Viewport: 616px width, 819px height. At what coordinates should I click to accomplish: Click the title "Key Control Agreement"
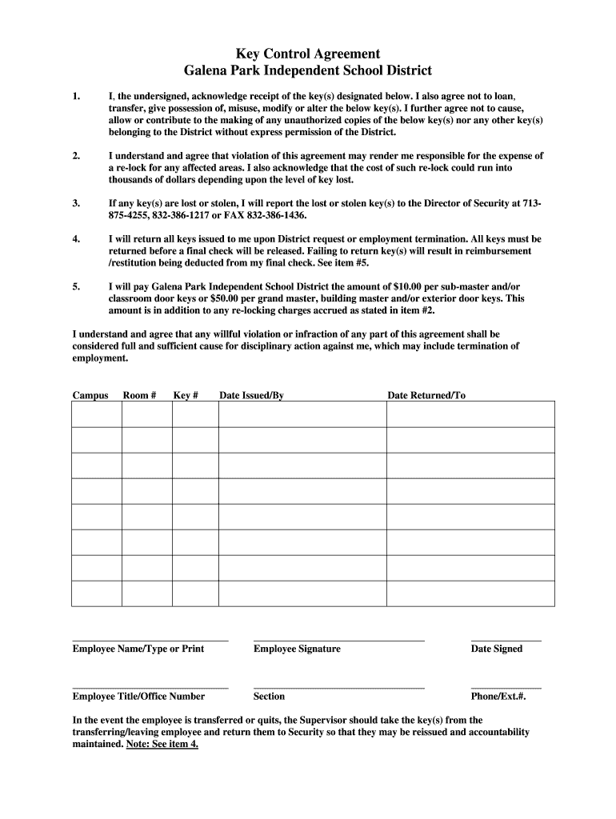click(308, 54)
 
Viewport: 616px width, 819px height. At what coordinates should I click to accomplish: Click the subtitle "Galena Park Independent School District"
click(308, 70)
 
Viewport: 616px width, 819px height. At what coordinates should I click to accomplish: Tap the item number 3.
click(76, 204)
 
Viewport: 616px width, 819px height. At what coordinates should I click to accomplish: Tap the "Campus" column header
click(90, 395)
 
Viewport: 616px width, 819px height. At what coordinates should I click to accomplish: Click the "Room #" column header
click(139, 395)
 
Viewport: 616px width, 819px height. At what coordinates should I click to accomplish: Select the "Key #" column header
click(186, 395)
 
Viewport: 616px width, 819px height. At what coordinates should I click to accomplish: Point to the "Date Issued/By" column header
click(251, 395)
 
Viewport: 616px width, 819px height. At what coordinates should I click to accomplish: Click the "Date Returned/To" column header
click(426, 395)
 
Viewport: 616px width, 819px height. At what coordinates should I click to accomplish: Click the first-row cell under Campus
click(97, 414)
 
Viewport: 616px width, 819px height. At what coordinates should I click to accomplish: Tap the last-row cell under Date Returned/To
click(470, 593)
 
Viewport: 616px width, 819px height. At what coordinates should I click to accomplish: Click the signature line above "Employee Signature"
click(338, 640)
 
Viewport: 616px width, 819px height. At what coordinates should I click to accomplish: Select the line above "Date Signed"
click(506, 640)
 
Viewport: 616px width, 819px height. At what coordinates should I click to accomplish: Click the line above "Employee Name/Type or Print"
click(150, 640)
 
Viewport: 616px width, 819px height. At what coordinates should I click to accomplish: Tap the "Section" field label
click(269, 697)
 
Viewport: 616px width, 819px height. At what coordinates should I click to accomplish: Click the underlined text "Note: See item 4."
click(162, 744)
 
